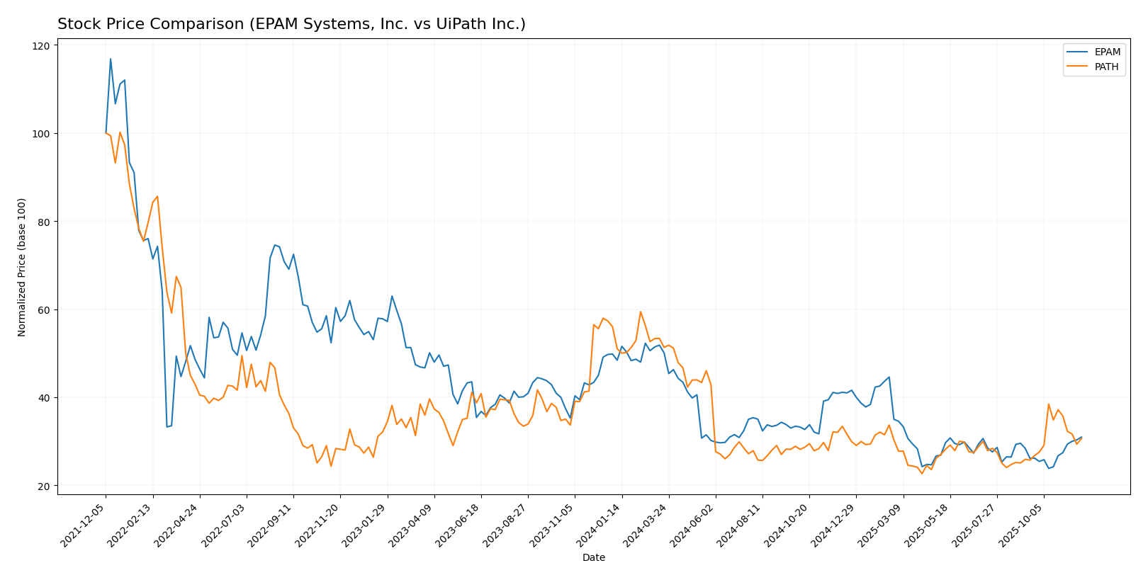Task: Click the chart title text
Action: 291,24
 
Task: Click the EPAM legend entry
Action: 1107,52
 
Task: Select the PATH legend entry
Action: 1106,67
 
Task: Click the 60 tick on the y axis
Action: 44,310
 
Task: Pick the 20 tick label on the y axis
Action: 44,487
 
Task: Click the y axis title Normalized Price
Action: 22,267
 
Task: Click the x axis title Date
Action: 593,557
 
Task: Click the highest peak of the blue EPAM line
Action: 111,59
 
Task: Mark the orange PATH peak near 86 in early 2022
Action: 157,196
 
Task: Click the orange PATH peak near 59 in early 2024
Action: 641,312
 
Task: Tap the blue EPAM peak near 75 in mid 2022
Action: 274,245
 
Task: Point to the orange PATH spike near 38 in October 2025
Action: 1049,404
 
